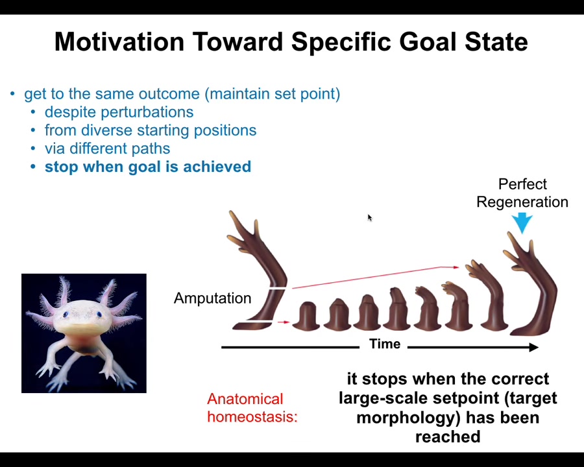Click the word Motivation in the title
[119, 42]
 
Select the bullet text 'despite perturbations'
[119, 112]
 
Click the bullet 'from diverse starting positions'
[151, 130]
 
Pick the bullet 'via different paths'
[107, 149]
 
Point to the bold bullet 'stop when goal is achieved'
[148, 167]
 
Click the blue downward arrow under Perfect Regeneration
[522, 222]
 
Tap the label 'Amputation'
[212, 298]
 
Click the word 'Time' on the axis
[384, 344]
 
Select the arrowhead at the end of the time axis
[534, 348]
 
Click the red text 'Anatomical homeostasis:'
[252, 408]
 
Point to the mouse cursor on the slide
[369, 217]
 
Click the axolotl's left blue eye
[66, 315]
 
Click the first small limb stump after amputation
[306, 316]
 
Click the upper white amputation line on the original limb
[277, 288]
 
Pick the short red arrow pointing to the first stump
[284, 322]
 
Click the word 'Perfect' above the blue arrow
[522, 184]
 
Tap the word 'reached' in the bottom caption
[448, 437]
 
